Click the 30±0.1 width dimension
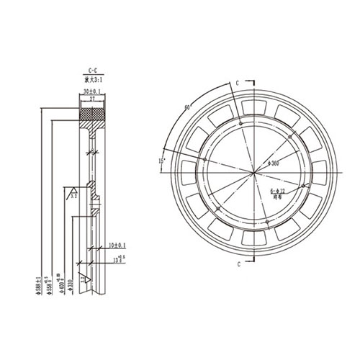(x=91, y=92)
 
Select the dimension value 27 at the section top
(x=92, y=99)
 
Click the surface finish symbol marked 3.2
(x=73, y=194)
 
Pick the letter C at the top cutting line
(x=236, y=84)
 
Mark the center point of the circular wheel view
(x=252, y=173)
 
